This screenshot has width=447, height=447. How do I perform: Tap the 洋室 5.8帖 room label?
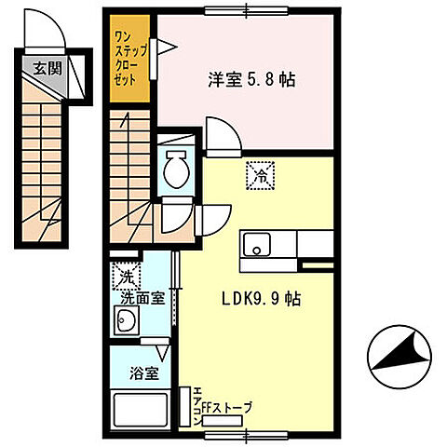(251, 80)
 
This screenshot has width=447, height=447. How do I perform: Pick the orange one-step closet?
(128, 59)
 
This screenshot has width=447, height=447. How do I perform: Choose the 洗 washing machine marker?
(125, 276)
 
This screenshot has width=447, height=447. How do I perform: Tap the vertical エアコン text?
(197, 408)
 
